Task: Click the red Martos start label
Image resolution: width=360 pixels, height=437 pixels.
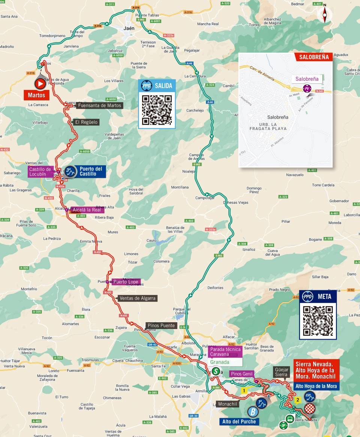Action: pyautogui.click(x=36, y=95)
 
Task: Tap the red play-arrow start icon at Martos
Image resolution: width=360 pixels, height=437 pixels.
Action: pyautogui.click(x=40, y=83)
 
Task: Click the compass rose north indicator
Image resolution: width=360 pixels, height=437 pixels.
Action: pyautogui.click(x=325, y=14)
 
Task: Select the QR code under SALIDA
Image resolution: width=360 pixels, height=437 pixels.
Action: pyautogui.click(x=157, y=110)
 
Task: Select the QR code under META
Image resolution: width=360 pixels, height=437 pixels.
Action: pyautogui.click(x=318, y=321)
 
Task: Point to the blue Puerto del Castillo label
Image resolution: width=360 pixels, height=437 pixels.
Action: pyautogui.click(x=91, y=171)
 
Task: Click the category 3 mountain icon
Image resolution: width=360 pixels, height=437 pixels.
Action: pyautogui.click(x=70, y=172)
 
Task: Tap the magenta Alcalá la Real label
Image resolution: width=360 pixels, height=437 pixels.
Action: pyautogui.click(x=86, y=210)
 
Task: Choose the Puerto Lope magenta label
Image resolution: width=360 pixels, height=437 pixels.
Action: pyautogui.click(x=126, y=282)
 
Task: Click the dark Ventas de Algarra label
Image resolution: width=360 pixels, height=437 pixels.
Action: pyautogui.click(x=137, y=298)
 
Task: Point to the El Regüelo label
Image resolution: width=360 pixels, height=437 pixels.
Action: pyautogui.click(x=86, y=122)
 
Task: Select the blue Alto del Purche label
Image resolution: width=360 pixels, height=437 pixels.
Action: pyautogui.click(x=239, y=422)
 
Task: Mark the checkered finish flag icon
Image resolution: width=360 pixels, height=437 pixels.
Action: pyautogui.click(x=309, y=408)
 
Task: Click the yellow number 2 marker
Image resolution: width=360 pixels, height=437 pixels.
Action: pyautogui.click(x=297, y=400)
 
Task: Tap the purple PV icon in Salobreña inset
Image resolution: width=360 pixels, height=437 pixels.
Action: pyautogui.click(x=307, y=89)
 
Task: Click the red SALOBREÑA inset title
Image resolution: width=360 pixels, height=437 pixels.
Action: pyautogui.click(x=313, y=57)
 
